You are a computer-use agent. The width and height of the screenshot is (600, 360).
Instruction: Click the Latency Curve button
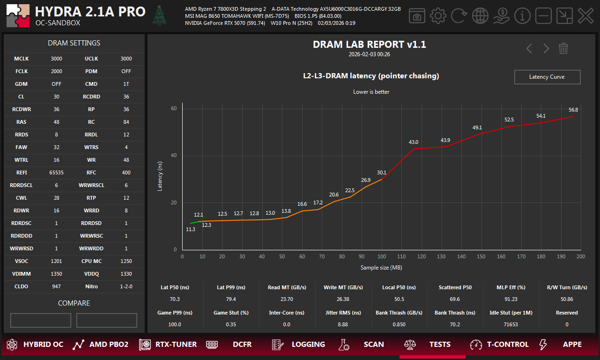[x=547, y=77]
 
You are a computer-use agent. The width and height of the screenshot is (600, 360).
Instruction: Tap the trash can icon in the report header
[x=563, y=48]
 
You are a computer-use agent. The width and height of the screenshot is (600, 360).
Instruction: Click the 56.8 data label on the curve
[x=573, y=110]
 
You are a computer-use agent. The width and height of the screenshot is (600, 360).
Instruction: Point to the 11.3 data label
[x=191, y=229]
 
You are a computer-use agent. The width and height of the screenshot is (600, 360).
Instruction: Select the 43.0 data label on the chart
[x=414, y=142]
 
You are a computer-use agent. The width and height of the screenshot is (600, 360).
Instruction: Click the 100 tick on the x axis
[x=382, y=256]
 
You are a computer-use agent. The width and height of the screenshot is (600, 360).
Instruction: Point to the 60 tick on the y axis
[x=174, y=109]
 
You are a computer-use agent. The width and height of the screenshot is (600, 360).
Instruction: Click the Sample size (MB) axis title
[x=381, y=268]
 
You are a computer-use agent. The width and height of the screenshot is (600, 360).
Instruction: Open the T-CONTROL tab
[x=499, y=345]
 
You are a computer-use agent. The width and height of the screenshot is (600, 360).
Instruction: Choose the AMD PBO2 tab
[x=100, y=345]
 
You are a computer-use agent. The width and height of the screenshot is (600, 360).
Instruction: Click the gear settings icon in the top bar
[x=438, y=16]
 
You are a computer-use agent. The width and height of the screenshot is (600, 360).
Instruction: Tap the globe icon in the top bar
[x=480, y=16]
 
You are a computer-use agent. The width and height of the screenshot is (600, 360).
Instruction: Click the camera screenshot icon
[x=417, y=16]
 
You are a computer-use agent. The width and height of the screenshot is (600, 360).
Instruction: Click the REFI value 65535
[x=57, y=172]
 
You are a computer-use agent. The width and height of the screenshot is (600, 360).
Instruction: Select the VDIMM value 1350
[x=57, y=274]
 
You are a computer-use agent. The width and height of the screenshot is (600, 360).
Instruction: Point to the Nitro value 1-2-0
[x=126, y=286]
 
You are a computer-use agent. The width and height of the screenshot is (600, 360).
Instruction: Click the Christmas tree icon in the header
[x=160, y=15]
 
